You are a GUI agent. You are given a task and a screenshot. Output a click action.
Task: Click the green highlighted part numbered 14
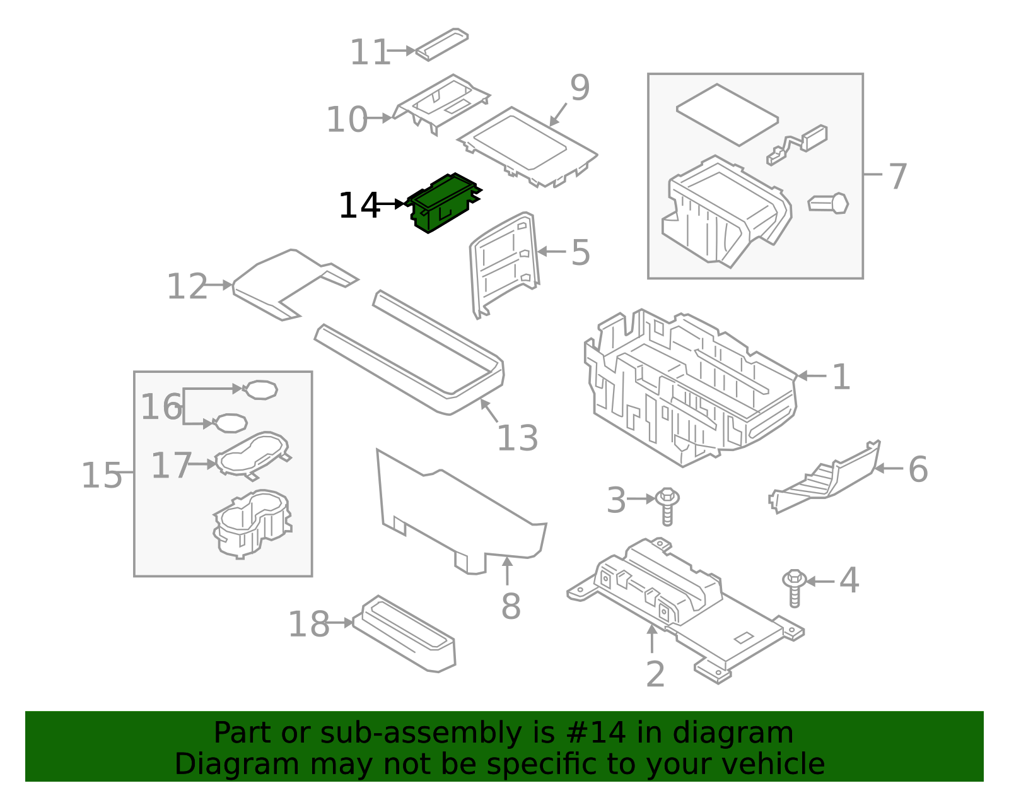pyautogui.click(x=443, y=202)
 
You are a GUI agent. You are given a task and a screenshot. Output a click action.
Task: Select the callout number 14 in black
pyautogui.click(x=359, y=206)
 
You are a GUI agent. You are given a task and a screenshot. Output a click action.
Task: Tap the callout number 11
pyautogui.click(x=370, y=52)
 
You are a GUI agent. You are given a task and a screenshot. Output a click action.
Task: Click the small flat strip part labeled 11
pyautogui.click(x=441, y=44)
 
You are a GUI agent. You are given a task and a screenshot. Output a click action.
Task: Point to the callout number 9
pyautogui.click(x=580, y=88)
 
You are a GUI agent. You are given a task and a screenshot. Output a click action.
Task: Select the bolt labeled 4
pyautogui.click(x=795, y=587)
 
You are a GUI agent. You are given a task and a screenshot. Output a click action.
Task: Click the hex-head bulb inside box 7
pyautogui.click(x=830, y=203)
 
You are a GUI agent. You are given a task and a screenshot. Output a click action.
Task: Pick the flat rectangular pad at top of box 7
pyautogui.click(x=727, y=114)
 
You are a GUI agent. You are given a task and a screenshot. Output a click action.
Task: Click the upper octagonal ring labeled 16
pyautogui.click(x=260, y=389)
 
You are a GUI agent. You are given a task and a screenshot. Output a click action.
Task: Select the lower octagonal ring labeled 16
pyautogui.click(x=231, y=423)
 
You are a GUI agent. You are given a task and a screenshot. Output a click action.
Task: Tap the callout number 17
pyautogui.click(x=171, y=466)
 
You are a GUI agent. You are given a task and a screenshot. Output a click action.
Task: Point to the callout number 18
pyautogui.click(x=308, y=625)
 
